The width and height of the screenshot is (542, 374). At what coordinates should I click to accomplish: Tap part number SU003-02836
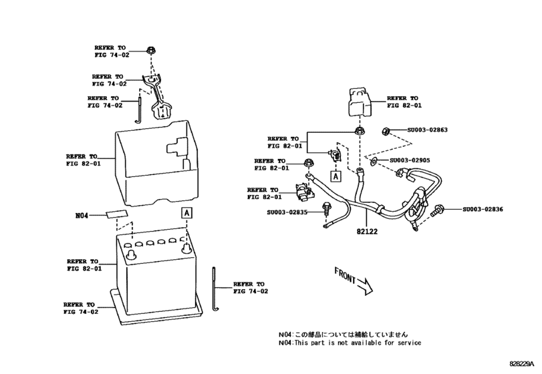point(482,210)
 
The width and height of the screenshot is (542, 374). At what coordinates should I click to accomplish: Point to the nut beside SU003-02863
point(387,130)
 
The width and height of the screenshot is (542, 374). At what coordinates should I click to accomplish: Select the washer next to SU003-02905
point(372,161)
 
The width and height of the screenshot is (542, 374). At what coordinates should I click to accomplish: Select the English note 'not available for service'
point(350,343)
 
